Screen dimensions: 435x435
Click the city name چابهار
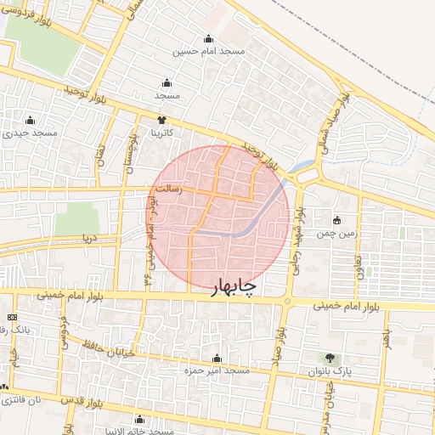[x=233, y=287]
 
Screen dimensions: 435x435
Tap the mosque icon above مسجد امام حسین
[x=209, y=38]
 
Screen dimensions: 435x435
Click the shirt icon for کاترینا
[x=161, y=120]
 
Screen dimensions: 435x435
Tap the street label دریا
[x=86, y=239]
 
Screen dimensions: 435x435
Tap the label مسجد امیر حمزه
[x=217, y=370]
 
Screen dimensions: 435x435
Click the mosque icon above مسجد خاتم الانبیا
[x=140, y=418]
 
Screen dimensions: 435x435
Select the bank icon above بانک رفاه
[x=12, y=317]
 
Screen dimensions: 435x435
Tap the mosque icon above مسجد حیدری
[x=31, y=120]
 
